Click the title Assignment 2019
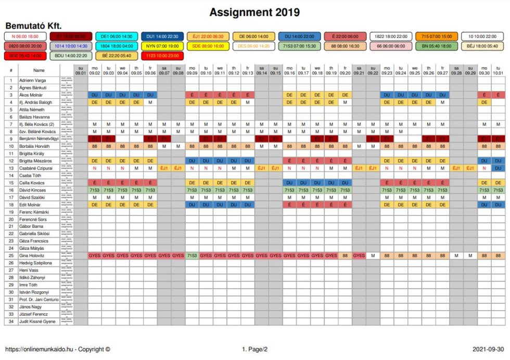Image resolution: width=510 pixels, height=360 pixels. click(254, 12)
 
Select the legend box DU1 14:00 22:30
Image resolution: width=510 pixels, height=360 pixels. click(162, 36)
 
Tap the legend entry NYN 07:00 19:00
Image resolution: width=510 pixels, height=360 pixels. click(162, 46)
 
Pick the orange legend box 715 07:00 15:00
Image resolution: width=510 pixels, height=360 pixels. click(437, 36)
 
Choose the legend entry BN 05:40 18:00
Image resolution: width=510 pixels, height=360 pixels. click(437, 46)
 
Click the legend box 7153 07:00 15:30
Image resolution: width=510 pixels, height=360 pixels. click(299, 46)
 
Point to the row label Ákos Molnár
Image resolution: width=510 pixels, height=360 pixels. click(32, 95)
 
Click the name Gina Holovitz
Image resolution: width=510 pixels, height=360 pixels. click(32, 255)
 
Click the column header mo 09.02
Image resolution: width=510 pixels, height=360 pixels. click(95, 70)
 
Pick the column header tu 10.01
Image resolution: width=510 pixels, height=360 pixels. click(498, 70)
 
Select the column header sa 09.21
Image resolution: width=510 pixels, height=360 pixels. click(359, 70)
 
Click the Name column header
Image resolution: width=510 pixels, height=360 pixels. click(39, 70)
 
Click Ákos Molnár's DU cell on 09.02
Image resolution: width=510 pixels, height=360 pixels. click(95, 95)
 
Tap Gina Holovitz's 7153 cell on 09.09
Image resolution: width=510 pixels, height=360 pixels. click(192, 255)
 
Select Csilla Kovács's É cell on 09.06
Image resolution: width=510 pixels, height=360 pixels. click(150, 183)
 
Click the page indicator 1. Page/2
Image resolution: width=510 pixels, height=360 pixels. click(254, 349)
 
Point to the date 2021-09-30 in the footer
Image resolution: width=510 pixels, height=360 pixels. click(488, 349)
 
